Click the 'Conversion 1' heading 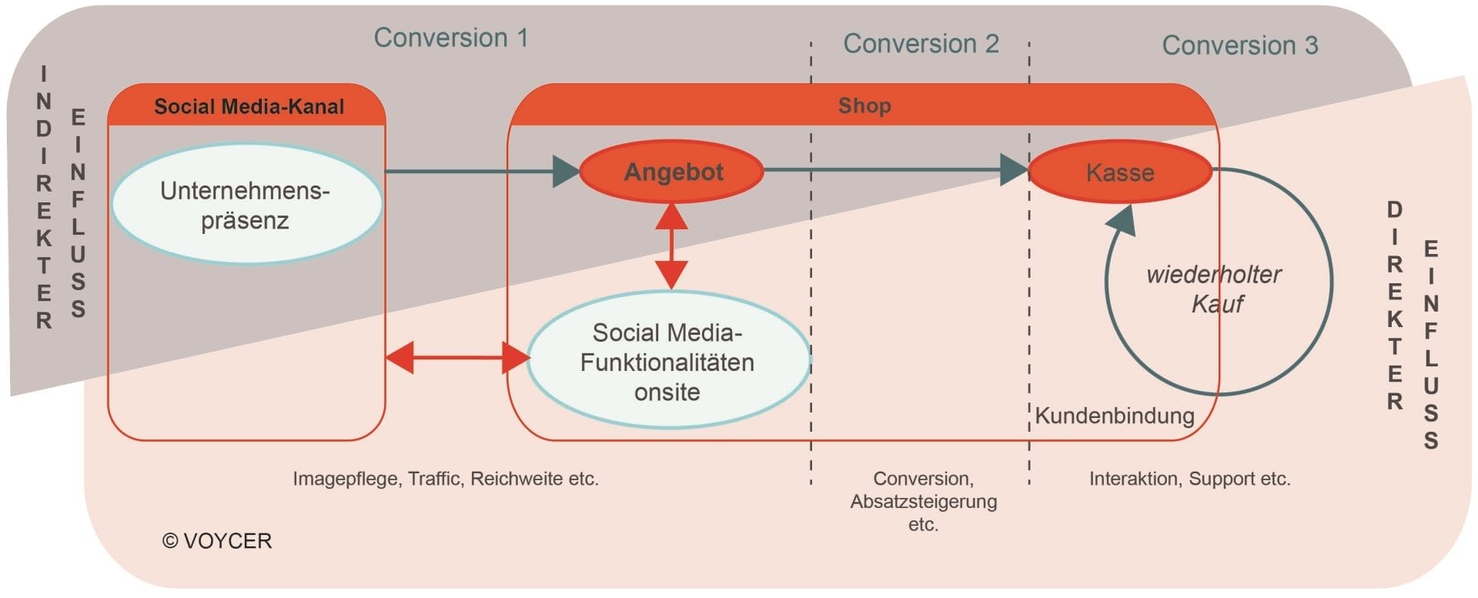[x=451, y=38]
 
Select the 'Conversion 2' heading [x=921, y=44]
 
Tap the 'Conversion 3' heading [x=1239, y=45]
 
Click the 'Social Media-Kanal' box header [x=249, y=106]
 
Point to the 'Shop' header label [x=864, y=105]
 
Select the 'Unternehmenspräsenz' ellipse [x=246, y=205]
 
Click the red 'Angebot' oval [x=672, y=172]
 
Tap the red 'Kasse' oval [x=1119, y=172]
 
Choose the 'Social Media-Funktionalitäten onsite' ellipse [x=667, y=361]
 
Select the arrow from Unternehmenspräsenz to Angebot [x=477, y=171]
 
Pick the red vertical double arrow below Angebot [x=671, y=246]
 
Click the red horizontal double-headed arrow [x=457, y=358]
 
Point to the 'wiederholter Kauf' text [x=1214, y=289]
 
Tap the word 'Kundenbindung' [x=1114, y=416]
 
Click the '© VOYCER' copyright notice [x=217, y=541]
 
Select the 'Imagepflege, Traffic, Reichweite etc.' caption [x=445, y=479]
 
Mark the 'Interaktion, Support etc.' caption [x=1189, y=479]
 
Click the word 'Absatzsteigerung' [x=923, y=502]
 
